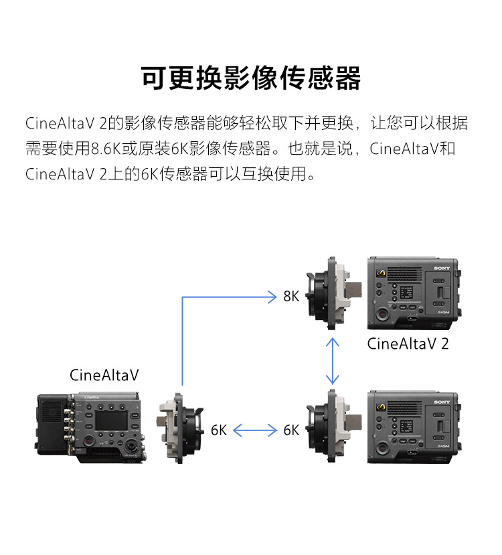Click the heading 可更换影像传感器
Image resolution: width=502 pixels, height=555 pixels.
(251, 78)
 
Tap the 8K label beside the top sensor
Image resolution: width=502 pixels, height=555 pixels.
(291, 296)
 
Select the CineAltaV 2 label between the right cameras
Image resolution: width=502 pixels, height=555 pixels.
(408, 344)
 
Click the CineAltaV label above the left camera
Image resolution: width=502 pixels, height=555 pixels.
(104, 375)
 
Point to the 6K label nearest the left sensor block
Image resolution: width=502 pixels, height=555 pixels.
(219, 430)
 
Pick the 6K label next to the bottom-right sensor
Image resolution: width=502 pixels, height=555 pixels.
(291, 430)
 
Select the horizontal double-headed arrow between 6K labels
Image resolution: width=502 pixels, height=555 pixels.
(255, 430)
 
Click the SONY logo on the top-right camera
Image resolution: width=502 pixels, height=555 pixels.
(442, 268)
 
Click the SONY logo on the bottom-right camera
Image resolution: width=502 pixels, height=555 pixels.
(442, 402)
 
